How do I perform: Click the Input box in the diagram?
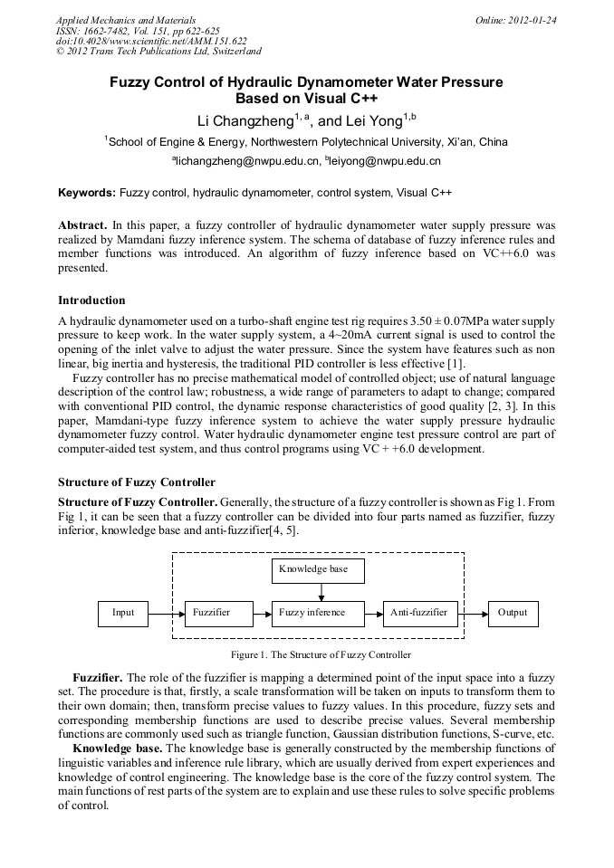122,613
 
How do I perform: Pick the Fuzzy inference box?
318,613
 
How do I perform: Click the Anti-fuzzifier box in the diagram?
419,613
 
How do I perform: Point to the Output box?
512,613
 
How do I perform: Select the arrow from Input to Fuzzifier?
166,614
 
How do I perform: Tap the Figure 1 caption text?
321,653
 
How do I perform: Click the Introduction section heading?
91,300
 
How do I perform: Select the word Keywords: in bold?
87,193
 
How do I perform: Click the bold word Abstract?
82,224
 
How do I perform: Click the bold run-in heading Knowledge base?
115,749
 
